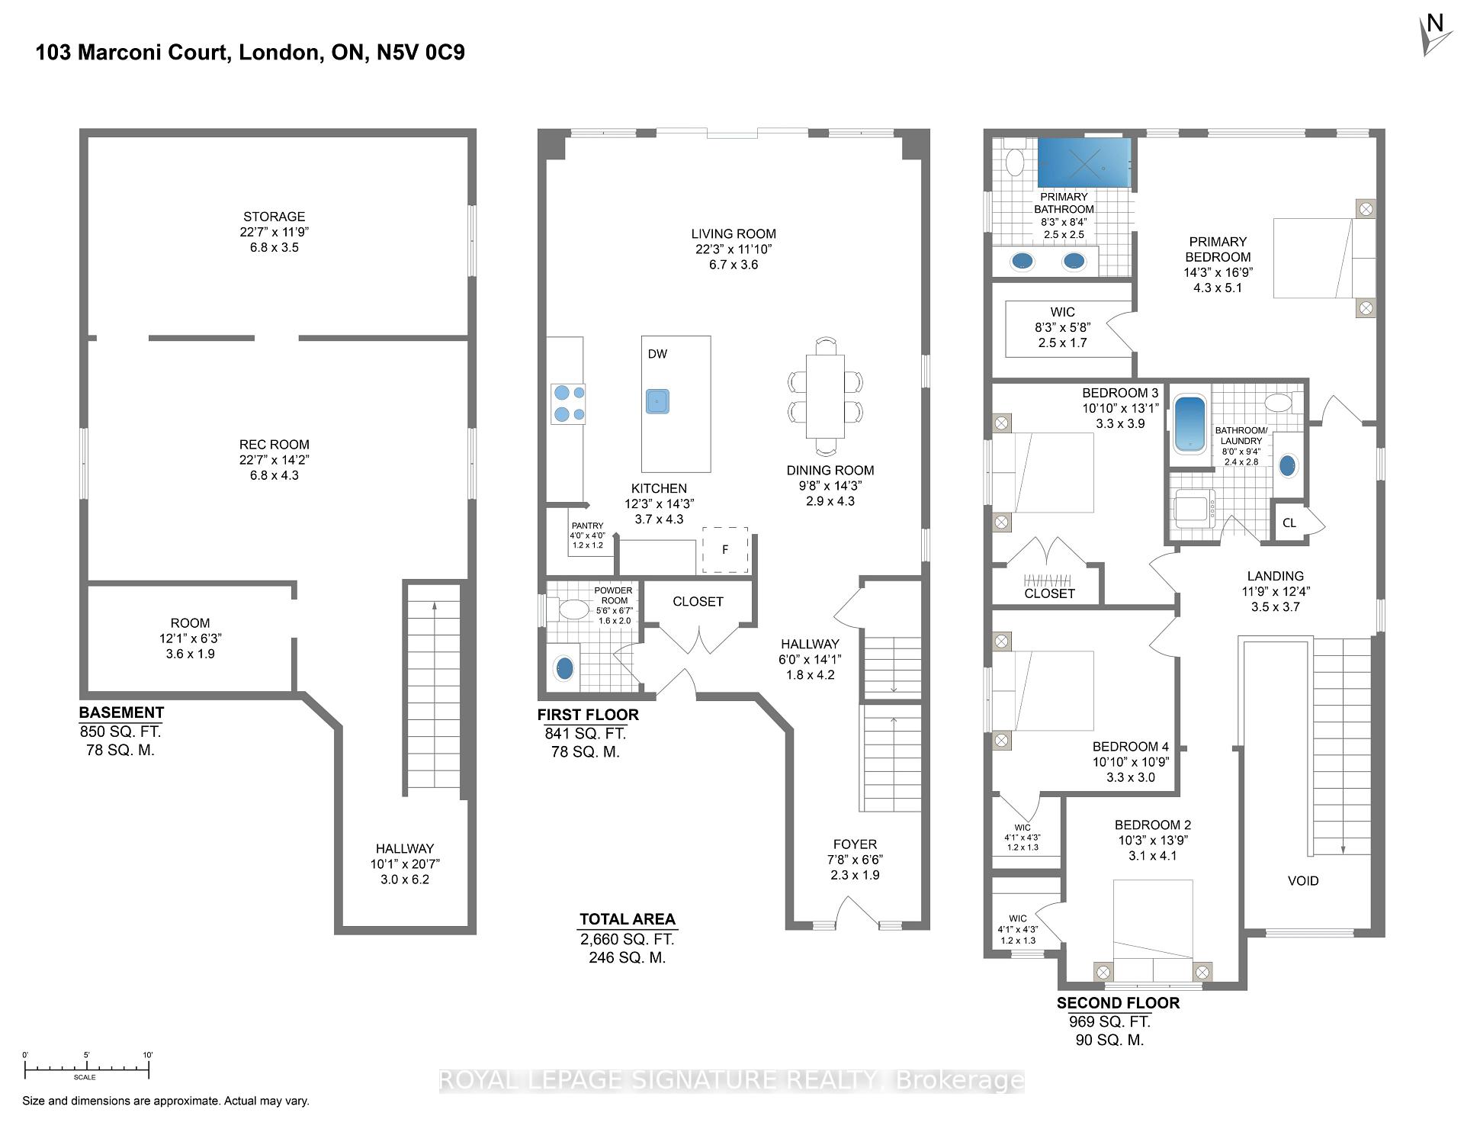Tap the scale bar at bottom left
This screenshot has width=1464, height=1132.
(x=86, y=1066)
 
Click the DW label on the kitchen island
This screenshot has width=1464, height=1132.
(x=657, y=354)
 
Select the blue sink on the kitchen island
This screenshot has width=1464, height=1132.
(x=657, y=401)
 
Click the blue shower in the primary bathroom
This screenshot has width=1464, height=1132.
(x=1083, y=162)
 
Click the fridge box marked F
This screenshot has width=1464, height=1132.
(x=725, y=550)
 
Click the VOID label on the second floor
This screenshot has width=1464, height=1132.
(x=1303, y=881)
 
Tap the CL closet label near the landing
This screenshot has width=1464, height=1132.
(x=1289, y=523)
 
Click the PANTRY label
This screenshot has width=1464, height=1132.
(x=587, y=526)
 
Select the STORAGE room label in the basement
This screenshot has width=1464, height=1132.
(x=274, y=217)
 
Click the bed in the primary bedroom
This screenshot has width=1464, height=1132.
(x=1325, y=259)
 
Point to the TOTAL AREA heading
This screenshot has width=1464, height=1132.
(x=628, y=919)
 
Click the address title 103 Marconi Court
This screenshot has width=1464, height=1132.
(x=250, y=53)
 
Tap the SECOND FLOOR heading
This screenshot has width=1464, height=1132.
(x=1118, y=1003)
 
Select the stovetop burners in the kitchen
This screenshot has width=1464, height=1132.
(x=569, y=404)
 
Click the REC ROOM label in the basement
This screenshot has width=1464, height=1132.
(x=274, y=445)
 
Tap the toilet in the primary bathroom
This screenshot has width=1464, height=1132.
(x=1015, y=162)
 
